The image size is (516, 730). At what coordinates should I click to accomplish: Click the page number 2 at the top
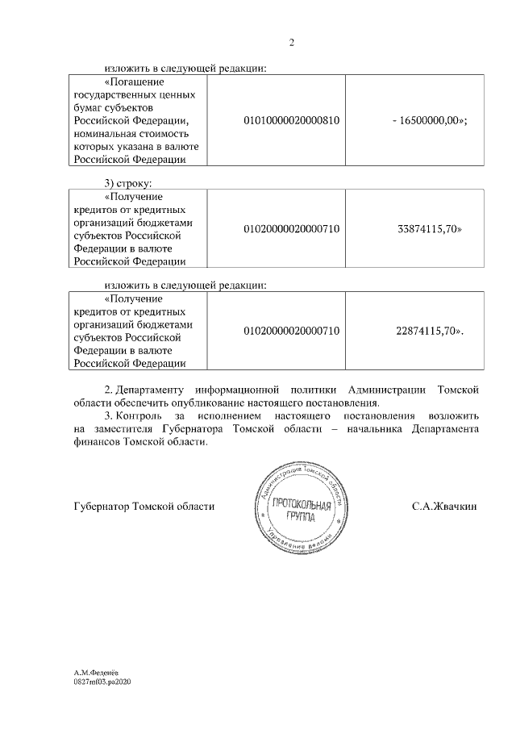click(x=291, y=43)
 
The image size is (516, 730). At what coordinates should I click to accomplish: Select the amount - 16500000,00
click(x=430, y=120)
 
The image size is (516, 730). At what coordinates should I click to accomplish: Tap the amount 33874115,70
click(x=429, y=229)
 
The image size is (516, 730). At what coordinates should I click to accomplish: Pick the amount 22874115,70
click(x=429, y=331)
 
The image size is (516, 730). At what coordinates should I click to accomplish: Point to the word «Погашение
click(x=135, y=81)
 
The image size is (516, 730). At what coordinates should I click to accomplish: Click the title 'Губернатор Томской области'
click(x=144, y=507)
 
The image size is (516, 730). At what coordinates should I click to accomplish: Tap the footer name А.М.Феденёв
click(x=95, y=672)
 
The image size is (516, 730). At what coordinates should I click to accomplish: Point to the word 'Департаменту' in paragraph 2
click(x=152, y=390)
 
